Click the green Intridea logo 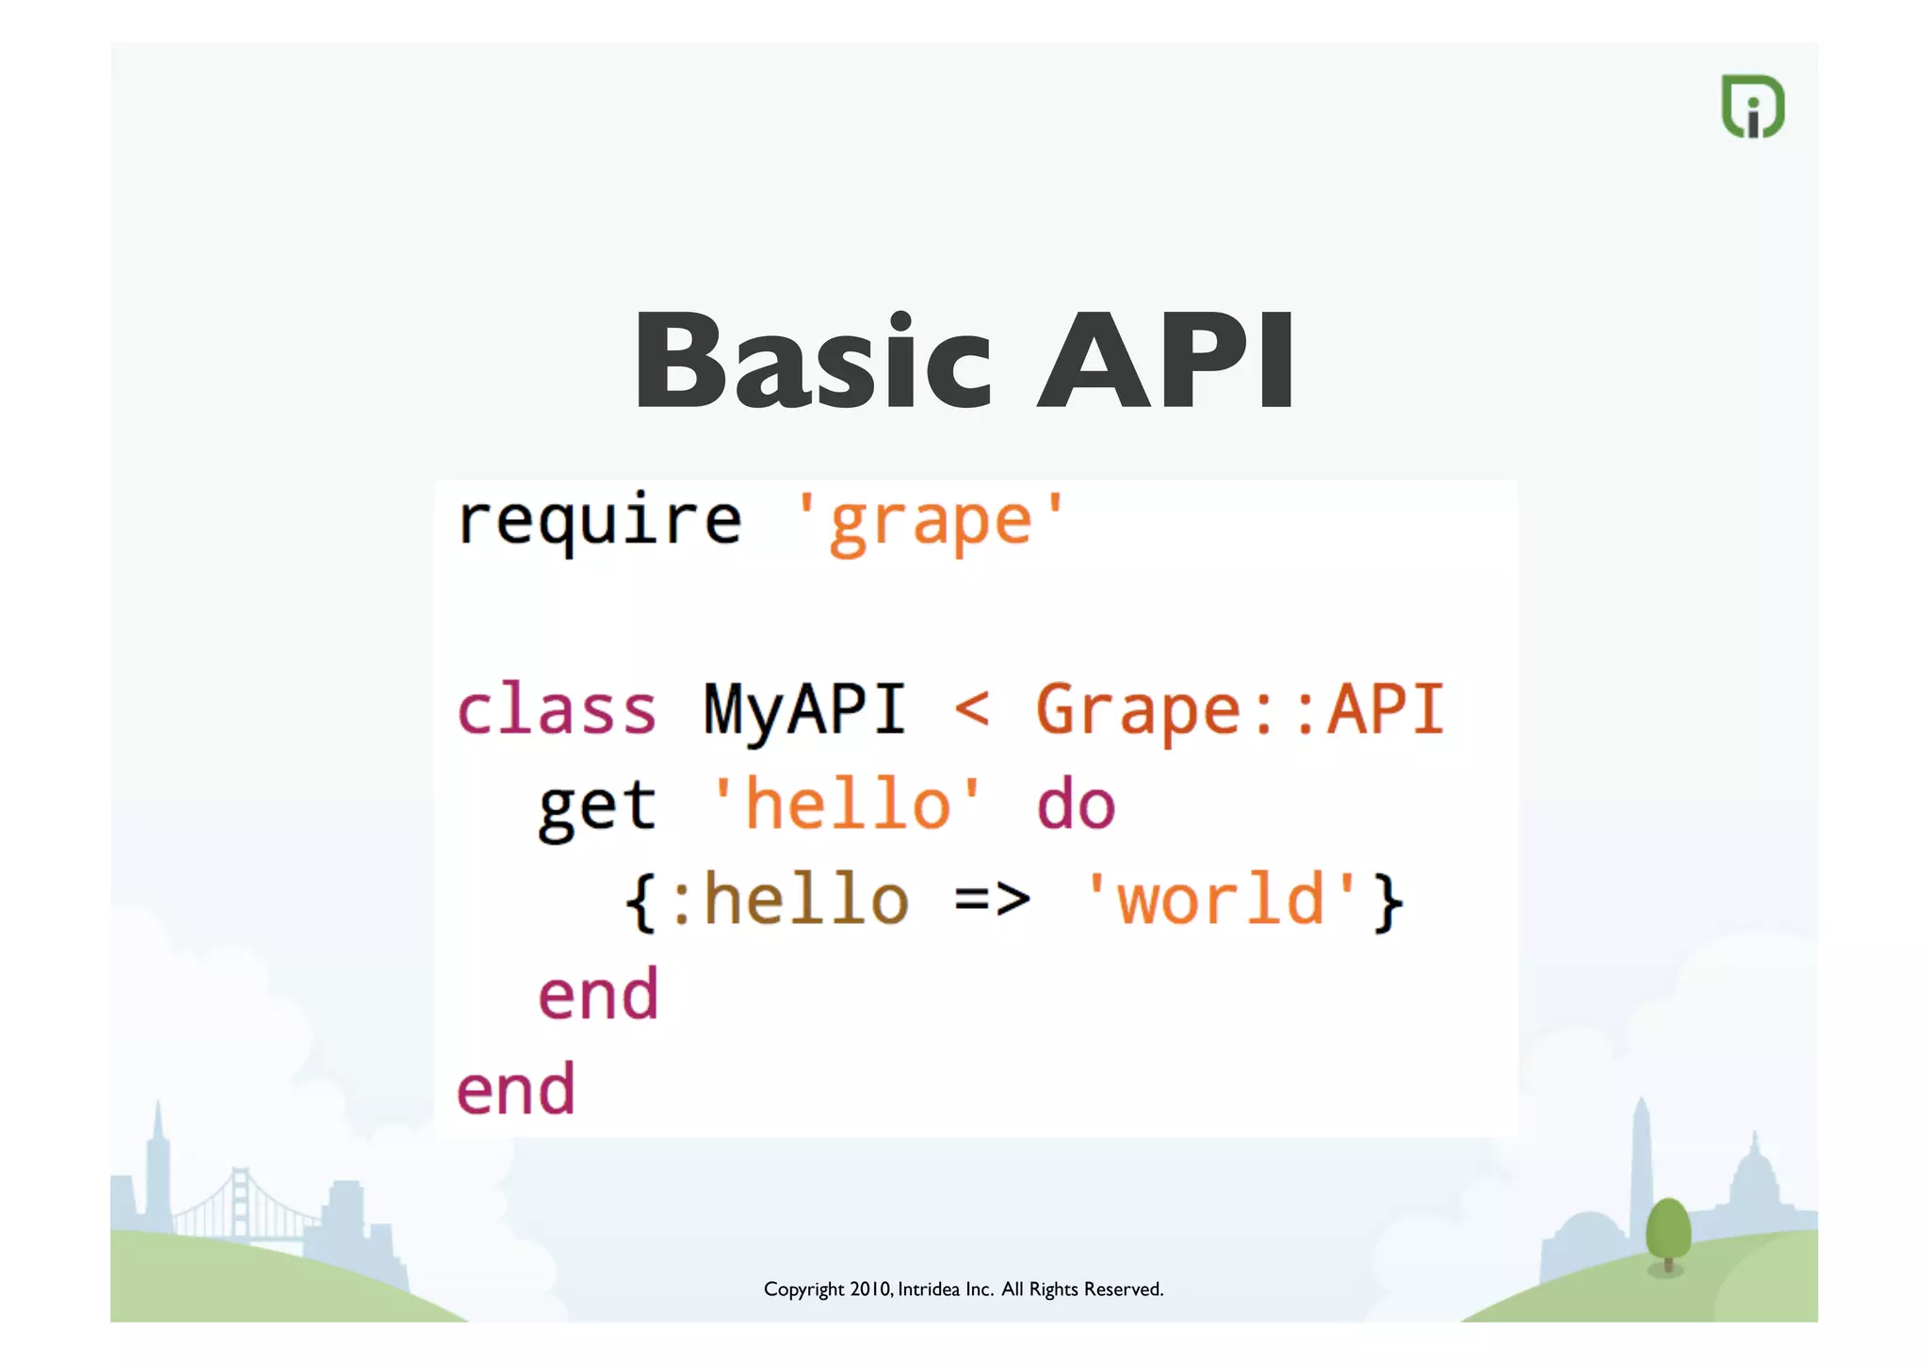pos(1753,106)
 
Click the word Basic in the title pos(813,362)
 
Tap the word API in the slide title pos(1166,362)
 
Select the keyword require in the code pos(599,521)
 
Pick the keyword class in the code pos(556,709)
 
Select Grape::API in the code pos(1240,709)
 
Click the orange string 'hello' pos(847,805)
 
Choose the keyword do pos(1076,805)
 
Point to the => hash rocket pos(992,900)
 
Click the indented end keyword pos(597,996)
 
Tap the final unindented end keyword pos(515,1091)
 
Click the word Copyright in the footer pos(803,1290)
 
